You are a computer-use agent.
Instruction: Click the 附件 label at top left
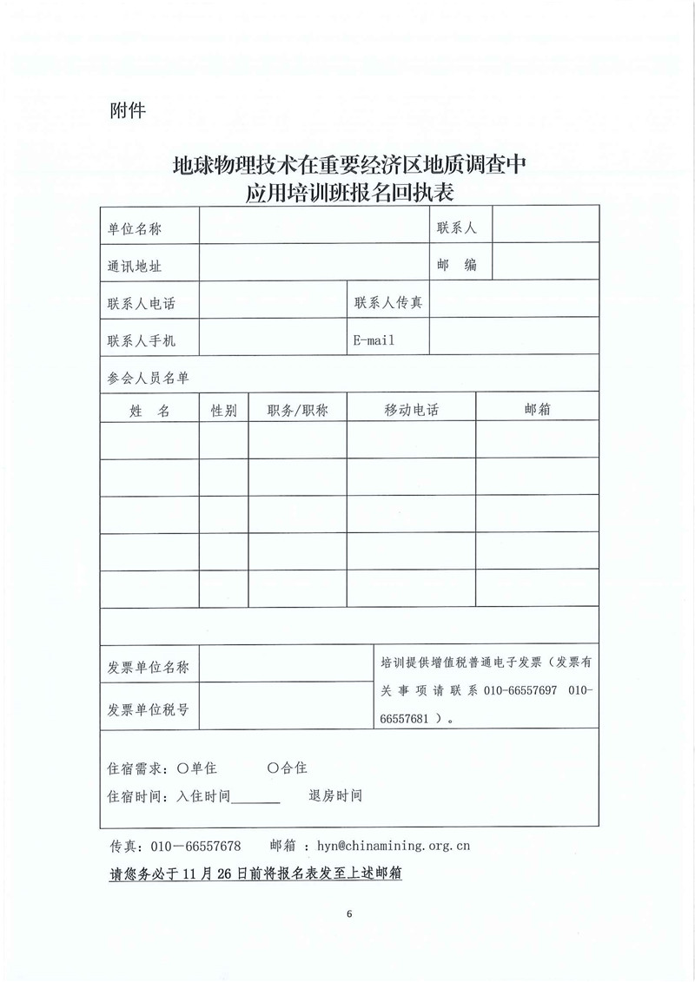(x=128, y=110)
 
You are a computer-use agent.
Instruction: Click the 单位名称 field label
(x=135, y=228)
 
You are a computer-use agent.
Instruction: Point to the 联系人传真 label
(x=388, y=303)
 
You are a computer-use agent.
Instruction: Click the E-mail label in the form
(x=373, y=340)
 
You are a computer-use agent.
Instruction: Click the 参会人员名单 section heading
(x=147, y=378)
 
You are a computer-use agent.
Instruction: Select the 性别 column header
(x=223, y=411)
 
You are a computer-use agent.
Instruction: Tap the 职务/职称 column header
(x=298, y=411)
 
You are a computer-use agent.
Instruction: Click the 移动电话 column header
(x=411, y=411)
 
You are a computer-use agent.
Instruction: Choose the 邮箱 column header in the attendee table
(x=538, y=411)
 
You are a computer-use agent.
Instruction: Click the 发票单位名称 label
(x=147, y=667)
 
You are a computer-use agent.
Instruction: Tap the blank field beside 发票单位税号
(x=286, y=708)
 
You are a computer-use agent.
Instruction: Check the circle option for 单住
(x=182, y=768)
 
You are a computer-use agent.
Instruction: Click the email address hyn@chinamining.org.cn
(x=394, y=845)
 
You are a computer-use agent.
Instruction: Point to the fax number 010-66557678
(x=196, y=845)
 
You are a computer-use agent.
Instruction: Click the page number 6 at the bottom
(x=348, y=914)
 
